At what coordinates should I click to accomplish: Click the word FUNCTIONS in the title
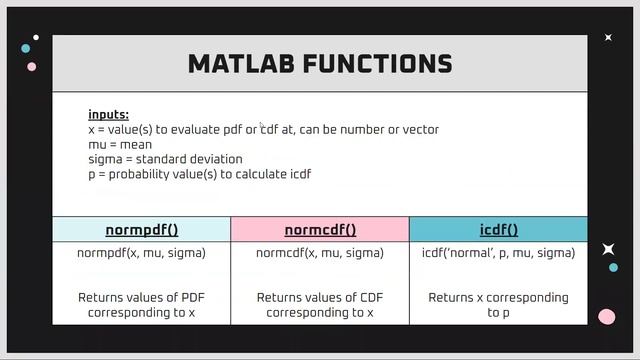coord(385,65)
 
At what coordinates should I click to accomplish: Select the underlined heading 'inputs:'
coord(108,115)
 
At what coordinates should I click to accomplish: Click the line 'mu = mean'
coord(120,144)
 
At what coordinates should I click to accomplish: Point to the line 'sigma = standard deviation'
coord(165,159)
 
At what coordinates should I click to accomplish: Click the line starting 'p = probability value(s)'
coord(199,174)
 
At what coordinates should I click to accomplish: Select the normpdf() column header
coord(141,229)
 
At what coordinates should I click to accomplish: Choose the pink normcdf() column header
coord(320,229)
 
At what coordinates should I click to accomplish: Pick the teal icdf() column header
coord(498,229)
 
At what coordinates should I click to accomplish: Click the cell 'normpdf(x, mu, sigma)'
coord(141,253)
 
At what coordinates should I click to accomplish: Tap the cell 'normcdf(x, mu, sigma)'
coord(320,253)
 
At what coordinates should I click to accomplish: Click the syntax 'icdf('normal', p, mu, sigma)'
coord(498,253)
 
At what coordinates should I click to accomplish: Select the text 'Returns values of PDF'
coord(141,297)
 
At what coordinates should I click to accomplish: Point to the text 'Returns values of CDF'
coord(320,297)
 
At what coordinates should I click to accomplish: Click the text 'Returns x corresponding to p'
coord(498,304)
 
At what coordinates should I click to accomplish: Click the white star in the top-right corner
coord(608,38)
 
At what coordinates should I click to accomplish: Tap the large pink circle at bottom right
coord(606,317)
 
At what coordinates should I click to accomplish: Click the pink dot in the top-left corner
coord(31,67)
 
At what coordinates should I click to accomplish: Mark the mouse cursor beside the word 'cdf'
coord(262,127)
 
